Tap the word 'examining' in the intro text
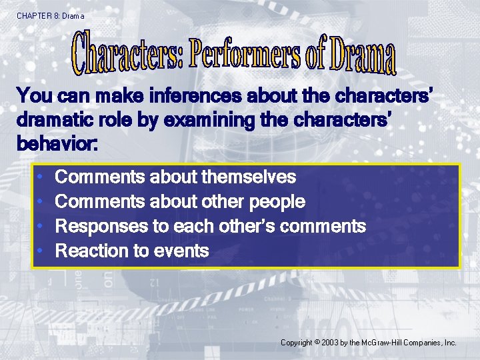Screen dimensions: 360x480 pyautogui.click(x=211, y=120)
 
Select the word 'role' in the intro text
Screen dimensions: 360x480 pyautogui.click(x=121, y=120)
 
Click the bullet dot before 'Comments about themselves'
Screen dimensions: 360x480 pyautogui.click(x=41, y=177)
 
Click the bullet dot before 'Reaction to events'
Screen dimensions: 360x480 pyautogui.click(x=41, y=251)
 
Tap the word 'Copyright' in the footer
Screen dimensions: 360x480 pyautogui.click(x=296, y=343)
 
